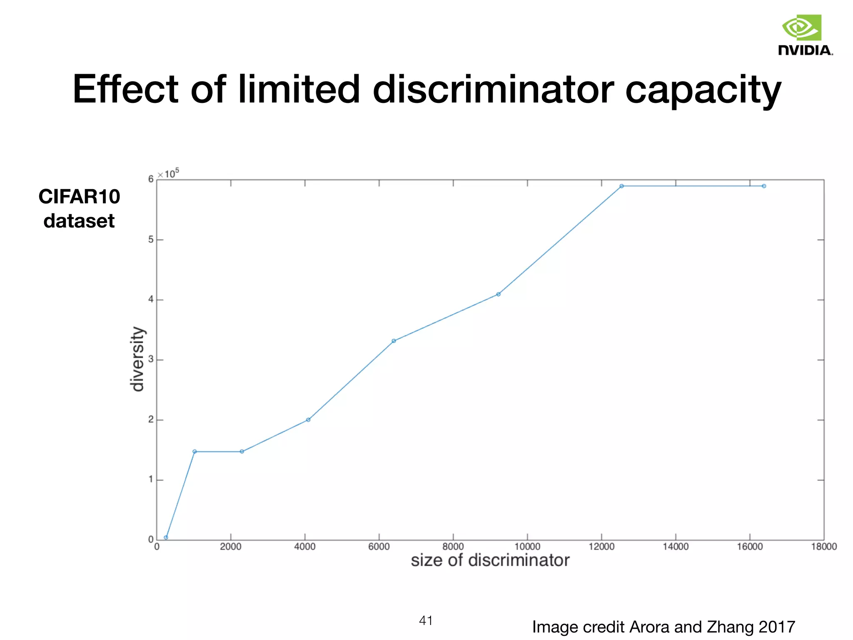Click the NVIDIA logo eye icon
(x=801, y=28)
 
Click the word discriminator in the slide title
(x=493, y=89)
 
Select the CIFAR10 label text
(x=79, y=196)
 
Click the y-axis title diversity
(x=137, y=359)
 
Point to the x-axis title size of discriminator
(x=490, y=560)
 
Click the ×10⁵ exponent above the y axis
(x=169, y=173)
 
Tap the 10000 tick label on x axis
(x=527, y=547)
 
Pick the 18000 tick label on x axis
(x=823, y=547)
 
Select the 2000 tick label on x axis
(x=230, y=547)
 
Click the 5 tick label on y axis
(x=151, y=240)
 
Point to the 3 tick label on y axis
(x=151, y=360)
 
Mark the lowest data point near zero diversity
(x=166, y=537)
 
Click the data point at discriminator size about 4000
(x=308, y=420)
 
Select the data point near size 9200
(x=498, y=294)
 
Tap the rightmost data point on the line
(x=764, y=186)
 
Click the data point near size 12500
(x=621, y=186)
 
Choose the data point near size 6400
(x=394, y=341)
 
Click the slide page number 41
(x=426, y=620)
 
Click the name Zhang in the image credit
(x=731, y=627)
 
